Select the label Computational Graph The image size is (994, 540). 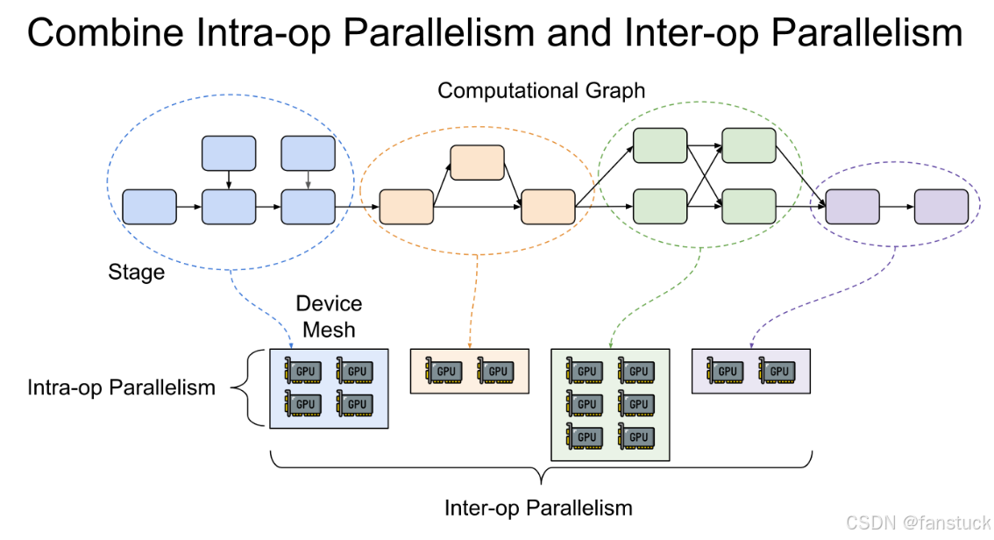coord(541,90)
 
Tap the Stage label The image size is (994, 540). coord(136,272)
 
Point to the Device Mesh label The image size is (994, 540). coord(329,316)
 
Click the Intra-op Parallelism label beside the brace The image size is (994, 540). coord(121,387)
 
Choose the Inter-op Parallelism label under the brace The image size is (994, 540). coord(538,508)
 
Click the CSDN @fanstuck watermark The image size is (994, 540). coord(918,522)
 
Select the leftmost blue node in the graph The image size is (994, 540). coord(149,206)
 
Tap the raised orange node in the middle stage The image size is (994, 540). coord(477,163)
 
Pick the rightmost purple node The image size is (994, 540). coord(941,207)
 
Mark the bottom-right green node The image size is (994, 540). coord(749,207)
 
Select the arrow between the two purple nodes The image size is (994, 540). coord(897,207)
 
